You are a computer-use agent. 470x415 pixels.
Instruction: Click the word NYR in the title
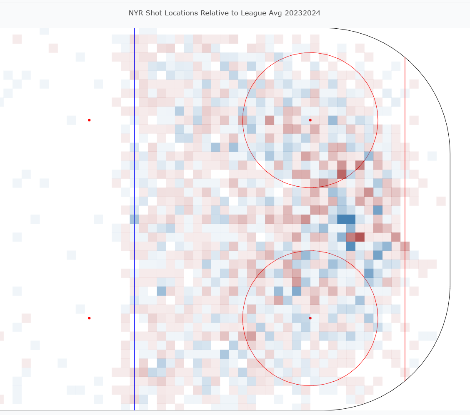(x=136, y=13)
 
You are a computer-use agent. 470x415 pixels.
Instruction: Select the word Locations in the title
(x=182, y=13)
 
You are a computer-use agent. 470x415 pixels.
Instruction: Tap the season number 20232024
(x=302, y=13)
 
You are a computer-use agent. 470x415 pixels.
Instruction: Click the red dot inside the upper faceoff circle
(x=310, y=120)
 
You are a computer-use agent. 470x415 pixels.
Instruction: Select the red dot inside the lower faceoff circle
(x=310, y=318)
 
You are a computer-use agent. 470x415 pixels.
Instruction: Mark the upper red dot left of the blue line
(x=89, y=120)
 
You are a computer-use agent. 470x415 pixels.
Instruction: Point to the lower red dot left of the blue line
(x=89, y=318)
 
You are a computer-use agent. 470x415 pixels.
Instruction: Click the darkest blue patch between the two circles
(x=346, y=219)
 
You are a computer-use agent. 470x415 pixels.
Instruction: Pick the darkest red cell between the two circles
(x=360, y=237)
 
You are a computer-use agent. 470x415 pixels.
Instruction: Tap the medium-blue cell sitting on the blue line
(x=134, y=219)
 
